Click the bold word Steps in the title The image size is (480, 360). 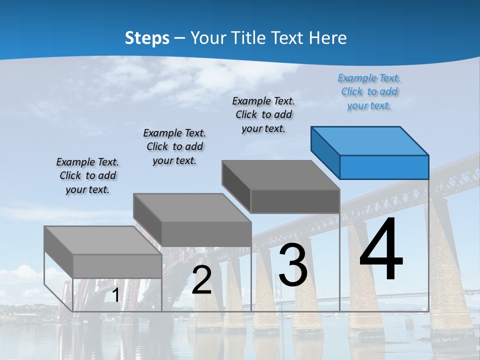147,38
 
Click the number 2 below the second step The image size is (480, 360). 201,280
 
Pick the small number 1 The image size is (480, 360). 115,295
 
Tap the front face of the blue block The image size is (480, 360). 384,167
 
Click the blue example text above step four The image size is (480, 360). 369,92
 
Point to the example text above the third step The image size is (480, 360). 263,114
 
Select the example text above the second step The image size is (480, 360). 174,146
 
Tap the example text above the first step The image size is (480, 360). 87,175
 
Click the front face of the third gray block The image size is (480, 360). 295,201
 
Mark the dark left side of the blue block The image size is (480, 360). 325,152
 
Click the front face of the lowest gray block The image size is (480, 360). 117,266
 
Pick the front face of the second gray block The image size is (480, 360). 206,234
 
